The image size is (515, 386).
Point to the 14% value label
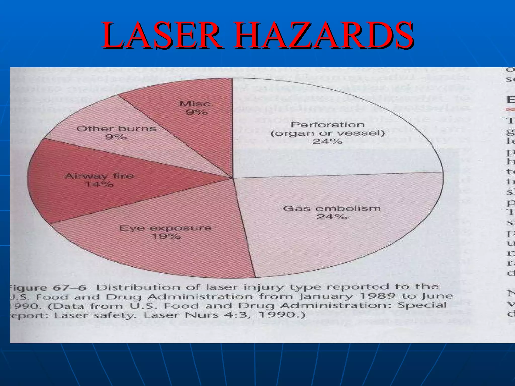click(x=99, y=184)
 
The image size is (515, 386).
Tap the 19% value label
click(x=166, y=236)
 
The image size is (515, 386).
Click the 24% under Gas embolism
click(x=332, y=217)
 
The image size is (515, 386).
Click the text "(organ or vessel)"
click(x=328, y=133)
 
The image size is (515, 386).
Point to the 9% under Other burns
click(x=116, y=137)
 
